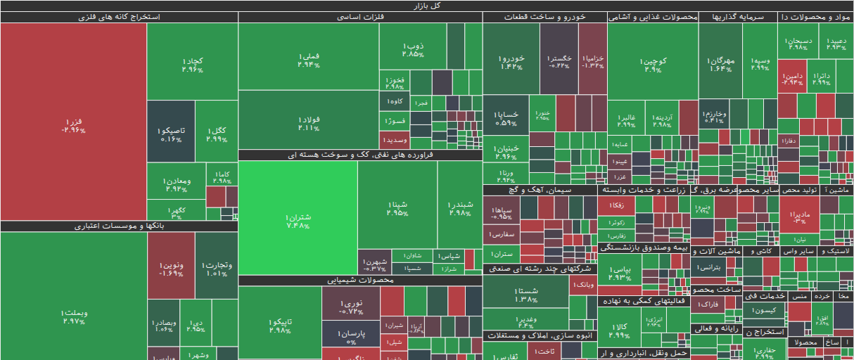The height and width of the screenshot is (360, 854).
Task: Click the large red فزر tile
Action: (73, 122)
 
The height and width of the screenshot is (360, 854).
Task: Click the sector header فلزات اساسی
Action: (360, 17)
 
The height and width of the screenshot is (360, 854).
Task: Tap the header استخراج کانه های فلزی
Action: (119, 17)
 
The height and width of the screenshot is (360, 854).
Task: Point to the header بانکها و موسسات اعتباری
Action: (119, 226)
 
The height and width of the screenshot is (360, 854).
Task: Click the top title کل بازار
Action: (426, 6)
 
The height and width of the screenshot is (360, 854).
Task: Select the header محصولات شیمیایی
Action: (360, 281)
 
